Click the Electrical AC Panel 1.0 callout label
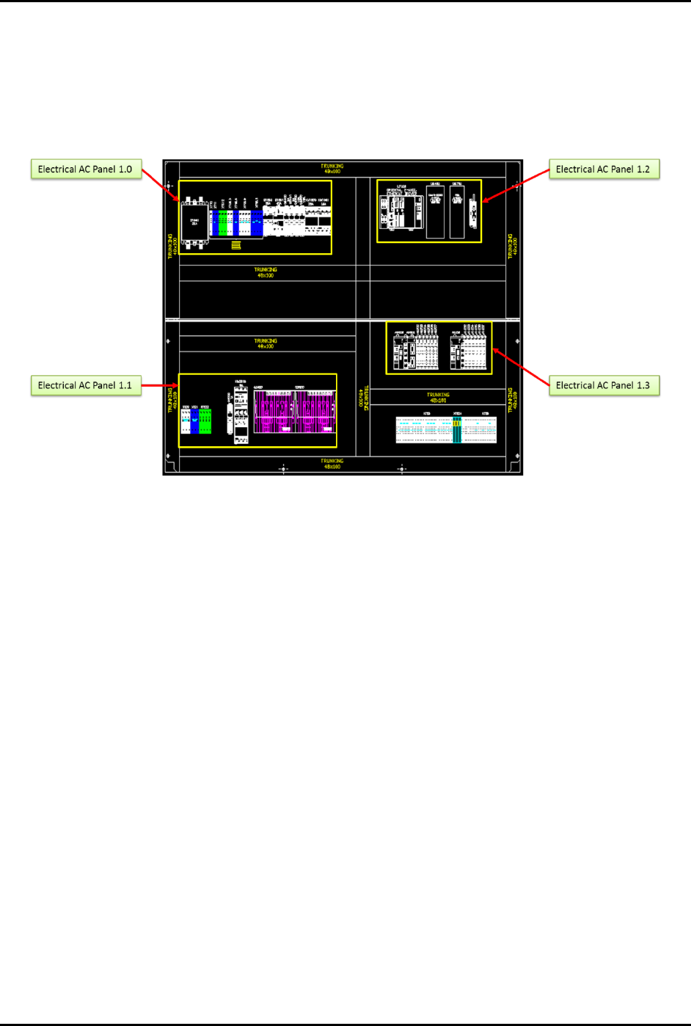(85, 170)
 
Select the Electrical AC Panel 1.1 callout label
(85, 385)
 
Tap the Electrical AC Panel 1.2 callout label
(603, 170)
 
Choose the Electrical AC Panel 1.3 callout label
(603, 385)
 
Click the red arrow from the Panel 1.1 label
(160, 385)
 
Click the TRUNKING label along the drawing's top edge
(332, 169)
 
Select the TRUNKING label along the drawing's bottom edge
(332, 464)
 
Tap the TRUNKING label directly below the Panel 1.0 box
(266, 272)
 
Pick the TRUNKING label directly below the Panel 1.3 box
(438, 398)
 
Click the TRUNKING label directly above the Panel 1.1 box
(266, 343)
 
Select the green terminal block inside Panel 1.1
(205, 421)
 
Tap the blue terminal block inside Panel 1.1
(194, 421)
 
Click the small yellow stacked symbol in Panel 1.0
(236, 245)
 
